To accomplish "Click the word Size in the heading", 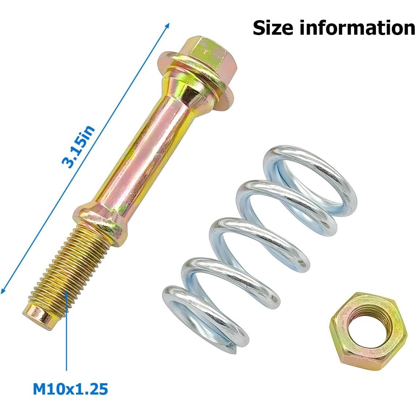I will click(x=273, y=28).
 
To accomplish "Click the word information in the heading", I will click(x=357, y=28).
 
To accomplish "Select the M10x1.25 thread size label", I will click(x=71, y=389).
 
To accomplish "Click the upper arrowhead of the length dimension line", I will click(x=168, y=25).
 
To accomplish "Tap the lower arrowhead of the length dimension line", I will click(x=3, y=291).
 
